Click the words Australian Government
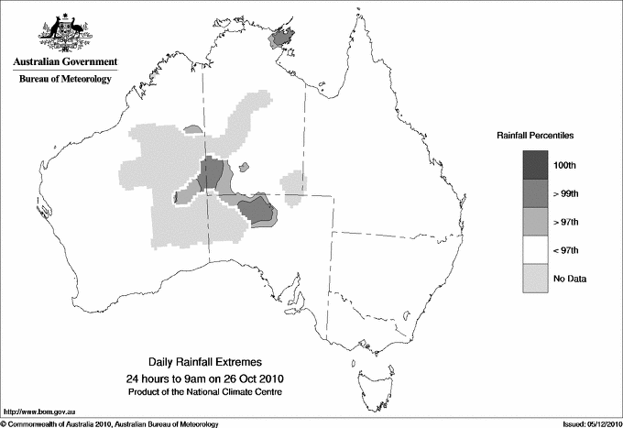click(65, 62)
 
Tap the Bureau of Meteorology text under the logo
click(65, 79)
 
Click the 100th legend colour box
click(536, 164)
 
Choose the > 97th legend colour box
click(536, 221)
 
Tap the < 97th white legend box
click(536, 249)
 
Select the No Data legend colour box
click(536, 278)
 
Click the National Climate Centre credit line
click(206, 392)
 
